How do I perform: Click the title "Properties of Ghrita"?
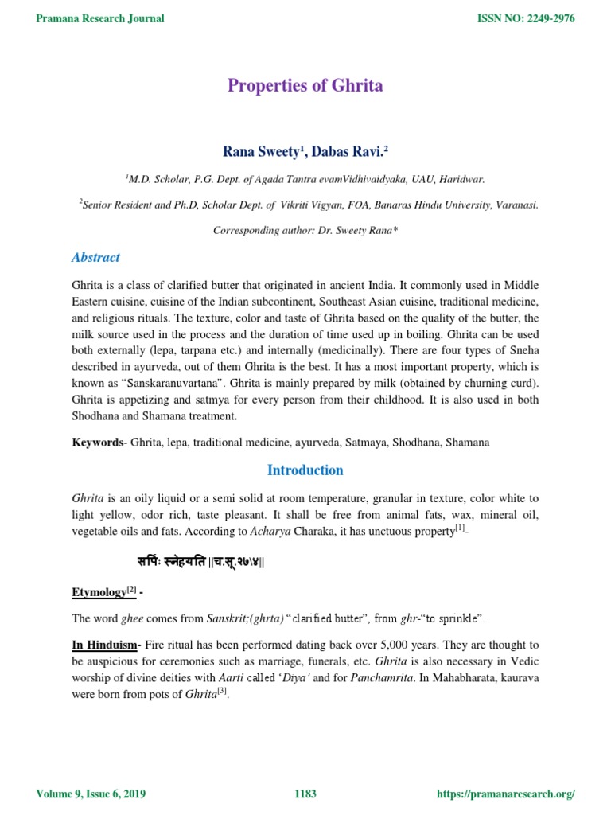click(305, 86)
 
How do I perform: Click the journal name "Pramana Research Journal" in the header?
click(101, 18)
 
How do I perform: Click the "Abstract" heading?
click(95, 257)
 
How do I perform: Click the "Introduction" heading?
click(305, 470)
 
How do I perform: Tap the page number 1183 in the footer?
click(305, 794)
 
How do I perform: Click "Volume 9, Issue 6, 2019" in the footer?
click(91, 794)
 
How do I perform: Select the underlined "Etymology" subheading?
click(99, 591)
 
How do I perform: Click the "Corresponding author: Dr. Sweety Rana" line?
click(305, 230)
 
